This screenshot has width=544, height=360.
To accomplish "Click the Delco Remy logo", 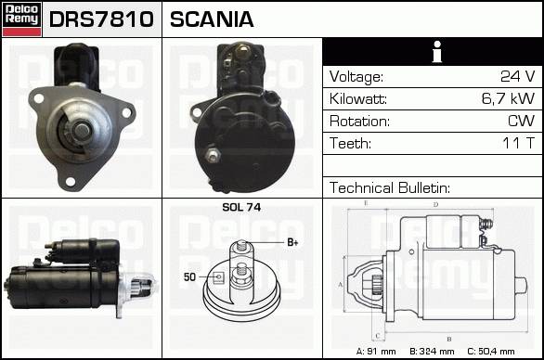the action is pos(22,19).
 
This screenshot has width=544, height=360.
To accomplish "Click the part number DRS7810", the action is pos(101,19).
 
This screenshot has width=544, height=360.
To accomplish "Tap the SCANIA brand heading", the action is pos(212,19).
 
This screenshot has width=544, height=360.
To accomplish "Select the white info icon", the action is pos(437,52).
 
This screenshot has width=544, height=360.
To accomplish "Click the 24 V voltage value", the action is pos(518,76).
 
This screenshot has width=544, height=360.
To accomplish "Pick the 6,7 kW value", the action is pos(508,98).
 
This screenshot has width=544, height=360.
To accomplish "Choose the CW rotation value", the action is pos(521,121).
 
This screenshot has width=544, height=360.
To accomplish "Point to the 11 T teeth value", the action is pos(519,143).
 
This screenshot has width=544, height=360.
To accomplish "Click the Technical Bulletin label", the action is pos(390,188).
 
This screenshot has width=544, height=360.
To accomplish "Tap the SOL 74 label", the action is pos(241,207).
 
